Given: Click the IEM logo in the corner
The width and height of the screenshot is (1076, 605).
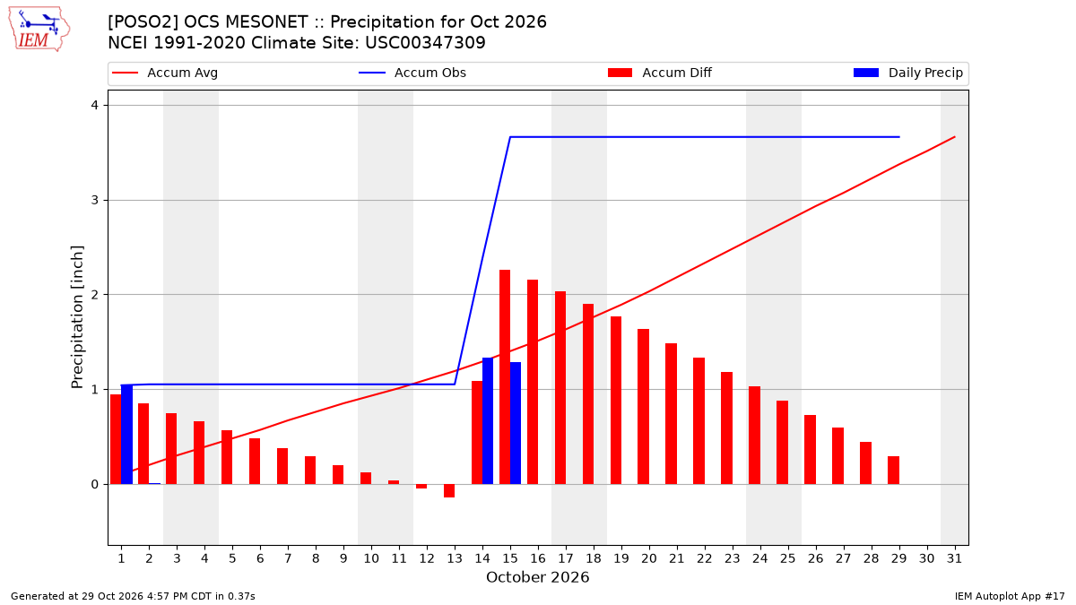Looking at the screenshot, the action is pos(39,30).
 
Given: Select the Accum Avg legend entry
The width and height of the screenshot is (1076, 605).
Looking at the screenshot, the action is pos(165,73).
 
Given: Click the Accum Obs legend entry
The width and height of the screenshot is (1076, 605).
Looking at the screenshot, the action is pos(412,73).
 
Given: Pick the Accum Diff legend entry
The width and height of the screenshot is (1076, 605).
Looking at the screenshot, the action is pos(660,73).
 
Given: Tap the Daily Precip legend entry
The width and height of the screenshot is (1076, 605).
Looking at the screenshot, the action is pos(908,73).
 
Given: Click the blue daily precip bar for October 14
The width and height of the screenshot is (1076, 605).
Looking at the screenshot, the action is pos(488,421).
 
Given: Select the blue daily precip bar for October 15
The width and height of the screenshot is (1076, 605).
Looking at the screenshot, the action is pos(516,423).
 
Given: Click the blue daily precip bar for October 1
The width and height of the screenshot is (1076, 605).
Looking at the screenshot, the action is pos(126,435).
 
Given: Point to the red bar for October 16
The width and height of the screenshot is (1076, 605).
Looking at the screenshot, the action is pos(533,382).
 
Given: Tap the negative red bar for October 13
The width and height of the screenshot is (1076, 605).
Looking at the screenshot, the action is pos(449,491).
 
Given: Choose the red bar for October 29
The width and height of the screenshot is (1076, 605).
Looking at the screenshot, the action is pos(893,470).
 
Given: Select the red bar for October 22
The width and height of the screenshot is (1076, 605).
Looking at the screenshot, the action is pos(699,421).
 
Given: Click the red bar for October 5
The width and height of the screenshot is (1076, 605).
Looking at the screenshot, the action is pos(227,458).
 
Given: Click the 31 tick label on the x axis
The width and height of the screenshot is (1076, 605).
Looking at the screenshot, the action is pos(954,558).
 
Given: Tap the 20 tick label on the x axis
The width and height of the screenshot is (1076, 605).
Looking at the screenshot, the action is pos(649,558).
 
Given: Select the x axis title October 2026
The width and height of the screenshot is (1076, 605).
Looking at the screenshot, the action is pos(537,577).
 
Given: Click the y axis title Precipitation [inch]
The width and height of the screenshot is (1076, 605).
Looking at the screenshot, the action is pos(77,317).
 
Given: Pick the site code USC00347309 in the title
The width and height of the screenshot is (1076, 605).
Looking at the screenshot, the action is pos(425,43).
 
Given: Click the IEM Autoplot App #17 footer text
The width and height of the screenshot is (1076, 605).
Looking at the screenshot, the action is pos(1010,596).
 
